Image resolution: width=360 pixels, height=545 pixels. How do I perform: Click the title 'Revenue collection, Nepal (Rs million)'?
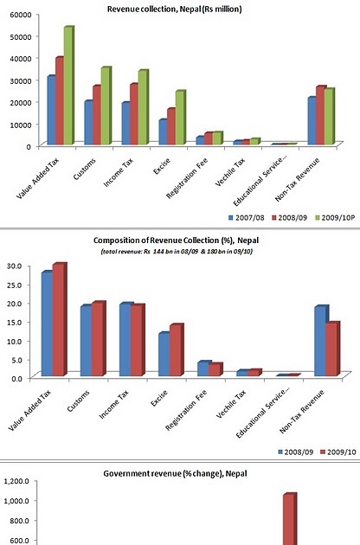(x=174, y=8)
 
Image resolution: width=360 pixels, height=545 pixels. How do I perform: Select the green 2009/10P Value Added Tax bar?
(x=67, y=87)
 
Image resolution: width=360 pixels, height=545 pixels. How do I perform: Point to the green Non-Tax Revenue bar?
(x=328, y=117)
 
